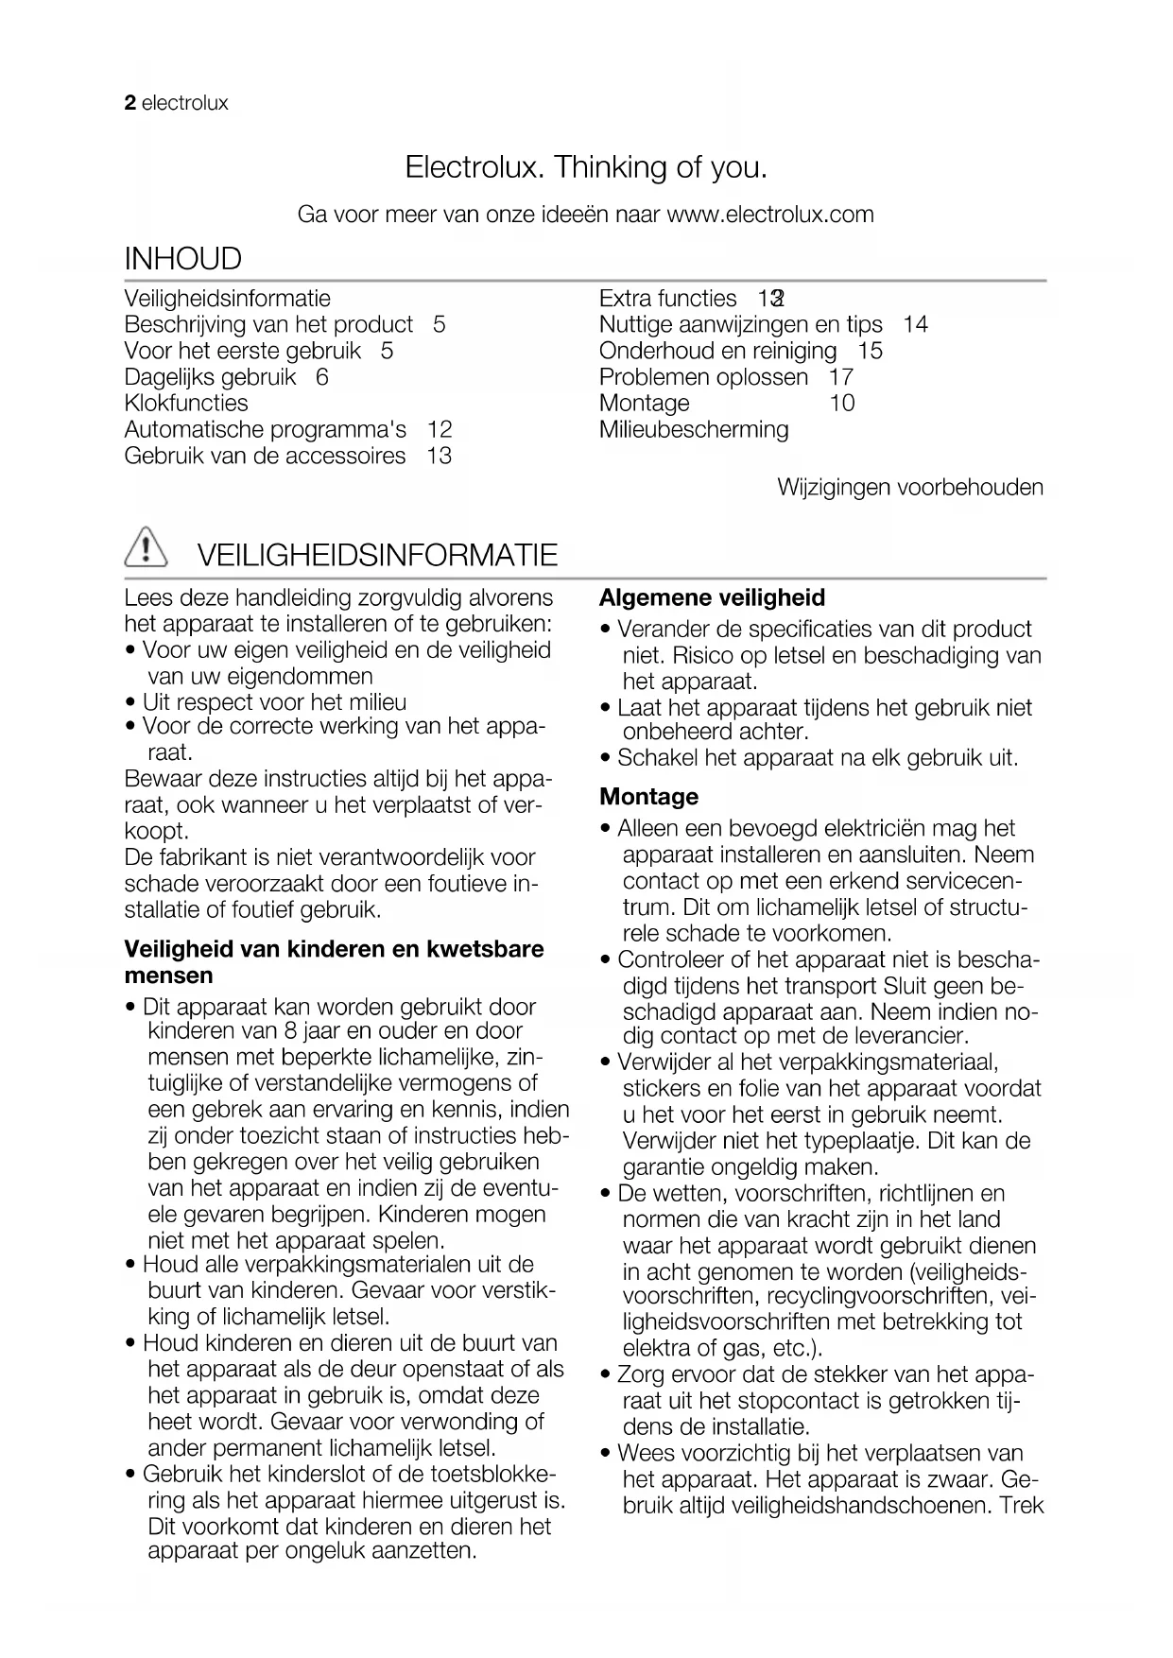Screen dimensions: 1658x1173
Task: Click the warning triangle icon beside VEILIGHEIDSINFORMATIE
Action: pos(146,549)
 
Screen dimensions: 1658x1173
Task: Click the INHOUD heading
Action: pos(183,258)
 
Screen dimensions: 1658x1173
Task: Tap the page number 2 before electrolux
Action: pos(130,103)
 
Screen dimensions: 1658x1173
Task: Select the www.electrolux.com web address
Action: pos(770,215)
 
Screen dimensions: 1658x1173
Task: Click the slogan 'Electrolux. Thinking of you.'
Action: pos(586,167)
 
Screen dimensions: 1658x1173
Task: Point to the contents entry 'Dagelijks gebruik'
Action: pos(210,377)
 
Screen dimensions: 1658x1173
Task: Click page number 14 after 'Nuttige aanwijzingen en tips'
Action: pos(915,325)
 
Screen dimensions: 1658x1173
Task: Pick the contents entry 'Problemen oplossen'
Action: pos(703,377)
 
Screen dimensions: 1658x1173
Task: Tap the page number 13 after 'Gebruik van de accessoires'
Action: pos(439,456)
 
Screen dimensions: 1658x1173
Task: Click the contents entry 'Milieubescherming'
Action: pos(694,429)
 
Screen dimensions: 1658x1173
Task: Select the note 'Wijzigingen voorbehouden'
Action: pos(910,488)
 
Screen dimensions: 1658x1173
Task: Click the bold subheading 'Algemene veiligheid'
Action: pos(712,597)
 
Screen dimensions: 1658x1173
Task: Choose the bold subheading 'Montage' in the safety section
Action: pos(649,797)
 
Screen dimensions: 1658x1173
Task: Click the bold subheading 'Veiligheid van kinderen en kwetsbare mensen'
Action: pos(334,962)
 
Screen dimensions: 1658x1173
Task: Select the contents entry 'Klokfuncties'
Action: pos(186,403)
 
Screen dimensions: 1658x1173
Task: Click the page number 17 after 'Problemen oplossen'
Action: pos(841,377)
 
